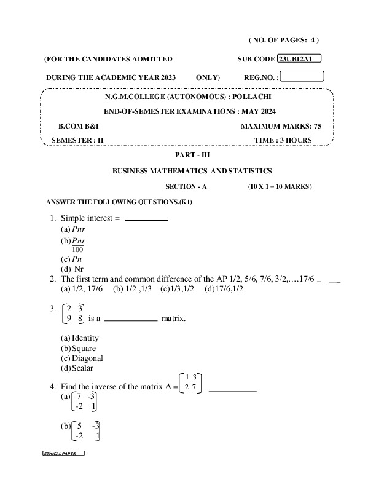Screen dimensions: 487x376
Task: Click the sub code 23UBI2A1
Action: click(x=299, y=59)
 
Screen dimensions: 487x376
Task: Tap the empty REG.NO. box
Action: click(x=302, y=77)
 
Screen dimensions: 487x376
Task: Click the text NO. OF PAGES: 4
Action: click(x=283, y=40)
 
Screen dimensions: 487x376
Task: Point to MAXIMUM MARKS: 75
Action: click(x=281, y=125)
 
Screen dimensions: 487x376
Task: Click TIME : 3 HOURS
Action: click(x=283, y=140)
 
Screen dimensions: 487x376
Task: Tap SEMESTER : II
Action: click(x=77, y=140)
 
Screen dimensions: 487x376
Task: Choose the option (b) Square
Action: click(x=79, y=349)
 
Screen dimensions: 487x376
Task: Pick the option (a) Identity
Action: click(x=80, y=338)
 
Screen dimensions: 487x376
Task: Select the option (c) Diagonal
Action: click(x=82, y=358)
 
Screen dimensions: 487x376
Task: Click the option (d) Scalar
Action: click(x=77, y=368)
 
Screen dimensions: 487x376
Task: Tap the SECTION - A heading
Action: click(x=187, y=186)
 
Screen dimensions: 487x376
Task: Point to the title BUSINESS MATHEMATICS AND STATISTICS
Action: click(x=192, y=171)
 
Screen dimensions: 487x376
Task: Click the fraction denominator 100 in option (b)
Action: click(x=77, y=250)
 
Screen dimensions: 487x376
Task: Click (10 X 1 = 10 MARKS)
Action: click(x=281, y=186)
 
